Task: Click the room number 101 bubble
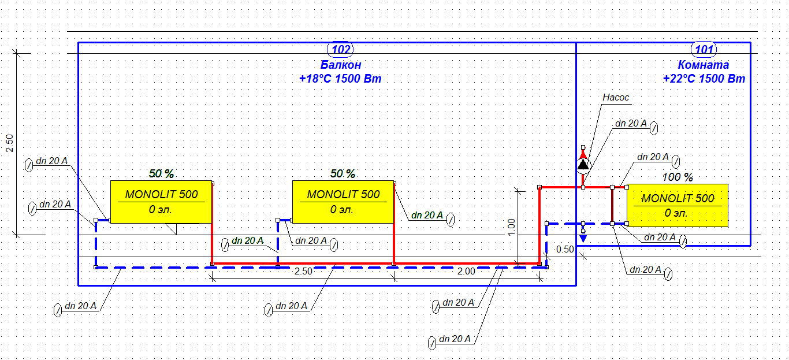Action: pos(704,49)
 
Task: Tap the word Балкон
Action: pos(341,65)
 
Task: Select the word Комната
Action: pos(704,65)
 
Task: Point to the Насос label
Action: pos(615,98)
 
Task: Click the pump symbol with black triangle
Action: pos(583,165)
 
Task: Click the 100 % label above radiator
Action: pos(678,177)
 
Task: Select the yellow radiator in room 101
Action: pos(678,205)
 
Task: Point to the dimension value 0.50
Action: pos(565,250)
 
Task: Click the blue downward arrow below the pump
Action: pos(583,236)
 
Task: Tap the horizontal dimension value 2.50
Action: pos(303,271)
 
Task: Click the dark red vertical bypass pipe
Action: pos(612,205)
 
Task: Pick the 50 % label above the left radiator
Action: pos(161,173)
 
